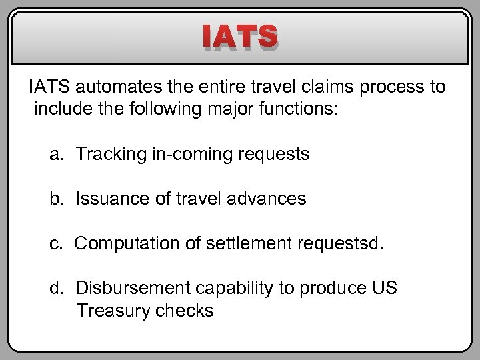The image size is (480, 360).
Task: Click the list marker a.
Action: click(x=56, y=155)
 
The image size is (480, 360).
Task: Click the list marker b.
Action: click(x=56, y=199)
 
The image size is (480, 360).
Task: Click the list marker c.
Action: click(x=56, y=243)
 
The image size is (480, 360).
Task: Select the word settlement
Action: click(x=228, y=243)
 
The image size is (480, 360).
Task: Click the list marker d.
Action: click(x=56, y=288)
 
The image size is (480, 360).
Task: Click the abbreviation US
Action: click(x=387, y=288)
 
